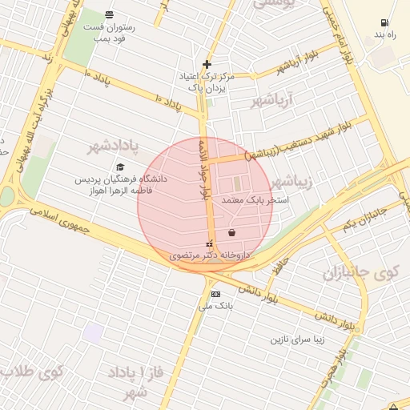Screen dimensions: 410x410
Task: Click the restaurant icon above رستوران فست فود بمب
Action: click(x=110, y=14)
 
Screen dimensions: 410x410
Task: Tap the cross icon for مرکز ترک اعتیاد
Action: click(x=207, y=64)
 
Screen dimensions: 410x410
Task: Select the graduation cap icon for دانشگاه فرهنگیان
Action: click(x=120, y=167)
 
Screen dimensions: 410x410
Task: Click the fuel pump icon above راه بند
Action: click(x=385, y=22)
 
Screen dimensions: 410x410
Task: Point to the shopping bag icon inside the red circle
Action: click(x=231, y=232)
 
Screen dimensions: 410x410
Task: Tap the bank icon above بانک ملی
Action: click(x=215, y=294)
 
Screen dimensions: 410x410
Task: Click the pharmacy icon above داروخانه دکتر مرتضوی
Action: click(x=210, y=243)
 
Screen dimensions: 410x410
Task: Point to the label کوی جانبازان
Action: click(x=360, y=273)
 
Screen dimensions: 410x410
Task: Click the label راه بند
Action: click(x=385, y=35)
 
